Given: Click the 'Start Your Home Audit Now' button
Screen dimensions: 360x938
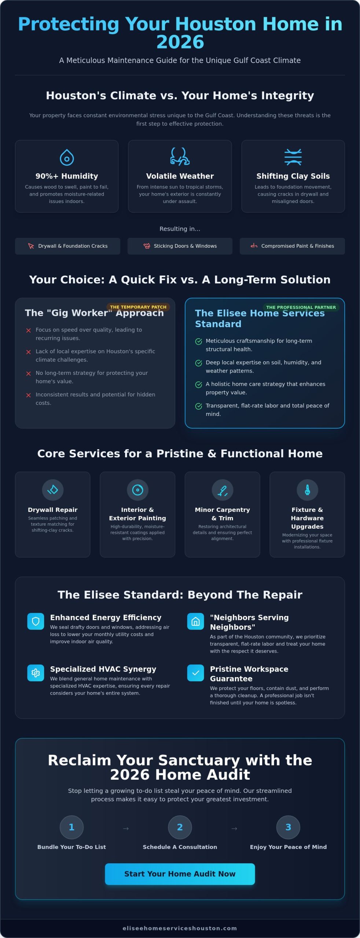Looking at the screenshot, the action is (180, 874).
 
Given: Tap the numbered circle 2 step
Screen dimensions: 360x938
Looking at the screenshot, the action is (180, 827).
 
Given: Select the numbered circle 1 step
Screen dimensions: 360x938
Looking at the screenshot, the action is (71, 827).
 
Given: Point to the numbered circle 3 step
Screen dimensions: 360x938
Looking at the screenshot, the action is (288, 827).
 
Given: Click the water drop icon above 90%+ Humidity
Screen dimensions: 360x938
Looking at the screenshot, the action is (67, 157).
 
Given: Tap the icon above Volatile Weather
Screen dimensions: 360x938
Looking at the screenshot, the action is (180, 156).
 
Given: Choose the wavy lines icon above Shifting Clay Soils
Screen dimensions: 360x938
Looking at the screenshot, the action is (293, 157).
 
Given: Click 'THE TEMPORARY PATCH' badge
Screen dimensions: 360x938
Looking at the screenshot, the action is (138, 307).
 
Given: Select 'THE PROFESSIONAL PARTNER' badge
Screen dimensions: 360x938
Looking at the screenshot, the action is (301, 307).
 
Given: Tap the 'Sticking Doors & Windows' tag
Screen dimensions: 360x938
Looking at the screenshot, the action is (180, 246).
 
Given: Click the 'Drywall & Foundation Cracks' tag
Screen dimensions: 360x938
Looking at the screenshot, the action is (67, 246).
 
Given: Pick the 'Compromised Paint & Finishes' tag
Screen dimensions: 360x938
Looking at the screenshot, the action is (292, 246).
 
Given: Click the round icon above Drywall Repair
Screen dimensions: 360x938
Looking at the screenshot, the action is (53, 490).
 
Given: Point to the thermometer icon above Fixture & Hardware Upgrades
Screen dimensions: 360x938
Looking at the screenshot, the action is (307, 490).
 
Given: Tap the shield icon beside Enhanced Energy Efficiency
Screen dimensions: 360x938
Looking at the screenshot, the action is (36, 621).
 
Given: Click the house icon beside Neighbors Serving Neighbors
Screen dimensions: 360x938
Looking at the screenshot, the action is (195, 621).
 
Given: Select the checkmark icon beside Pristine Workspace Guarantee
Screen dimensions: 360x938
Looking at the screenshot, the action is (195, 673).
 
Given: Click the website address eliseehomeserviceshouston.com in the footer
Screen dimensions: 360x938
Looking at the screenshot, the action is (180, 928).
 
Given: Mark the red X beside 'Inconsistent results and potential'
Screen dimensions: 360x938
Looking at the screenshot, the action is (29, 395).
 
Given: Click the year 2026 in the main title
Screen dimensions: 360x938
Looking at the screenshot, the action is (180, 42).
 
